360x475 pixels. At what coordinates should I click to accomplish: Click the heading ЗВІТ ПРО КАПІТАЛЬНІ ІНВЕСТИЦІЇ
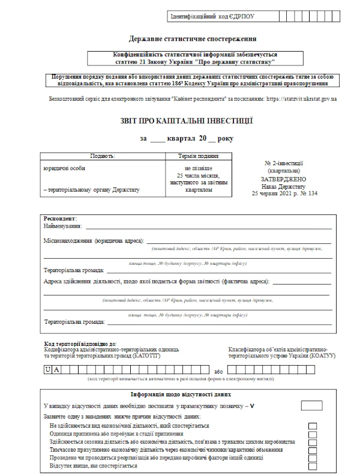pos(179,121)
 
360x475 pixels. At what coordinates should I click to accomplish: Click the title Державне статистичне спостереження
pos(179,38)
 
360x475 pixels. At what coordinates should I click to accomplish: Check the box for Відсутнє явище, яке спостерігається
pos(313,466)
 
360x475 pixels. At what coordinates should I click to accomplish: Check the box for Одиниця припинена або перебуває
pos(313,434)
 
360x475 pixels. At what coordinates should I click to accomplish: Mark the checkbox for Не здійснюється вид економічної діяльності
pos(313,426)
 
